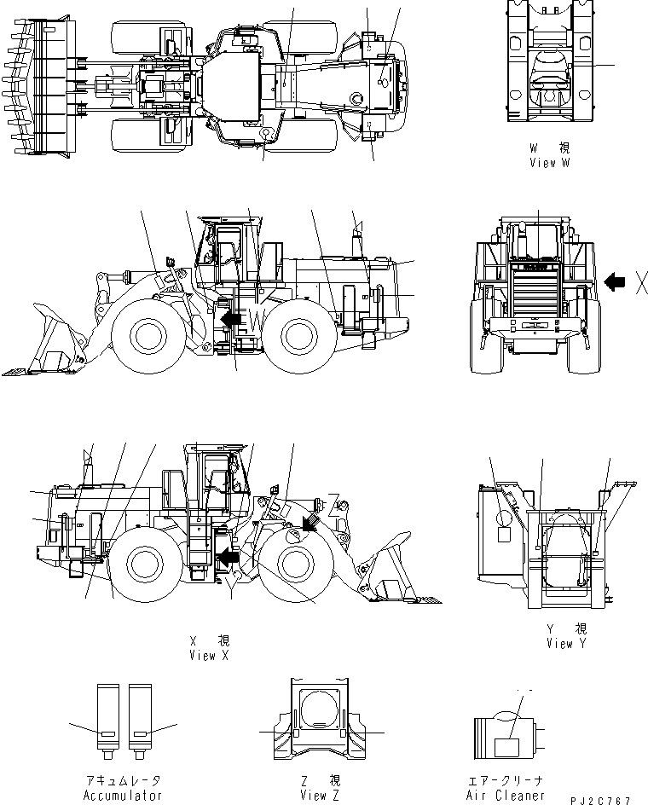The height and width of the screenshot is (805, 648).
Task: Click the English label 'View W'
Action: (x=548, y=163)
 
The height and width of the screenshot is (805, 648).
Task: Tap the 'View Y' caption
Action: (x=565, y=644)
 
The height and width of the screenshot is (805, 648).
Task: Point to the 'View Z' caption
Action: (x=320, y=796)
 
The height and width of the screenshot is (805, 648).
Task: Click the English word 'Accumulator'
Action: (x=122, y=796)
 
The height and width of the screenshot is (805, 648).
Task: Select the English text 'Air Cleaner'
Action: (x=506, y=796)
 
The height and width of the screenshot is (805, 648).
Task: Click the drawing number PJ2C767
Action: (x=601, y=801)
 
